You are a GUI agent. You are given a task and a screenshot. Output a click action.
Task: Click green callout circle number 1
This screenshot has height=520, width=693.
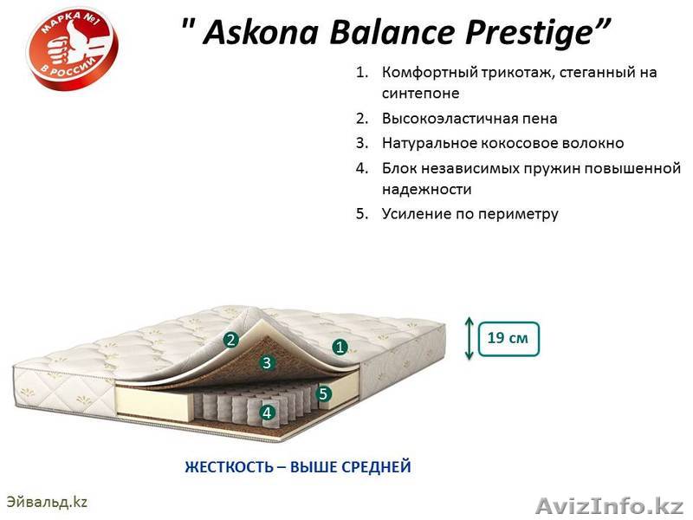(340, 347)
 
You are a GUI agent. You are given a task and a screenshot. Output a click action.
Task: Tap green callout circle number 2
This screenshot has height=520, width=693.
(230, 340)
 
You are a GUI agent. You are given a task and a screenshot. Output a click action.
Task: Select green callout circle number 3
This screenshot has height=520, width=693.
(267, 363)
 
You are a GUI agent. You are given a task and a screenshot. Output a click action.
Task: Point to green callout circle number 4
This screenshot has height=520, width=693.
(267, 413)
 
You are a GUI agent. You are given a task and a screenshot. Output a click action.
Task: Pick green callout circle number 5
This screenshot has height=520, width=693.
(323, 393)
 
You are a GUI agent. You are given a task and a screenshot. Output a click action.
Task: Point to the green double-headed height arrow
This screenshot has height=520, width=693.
(470, 338)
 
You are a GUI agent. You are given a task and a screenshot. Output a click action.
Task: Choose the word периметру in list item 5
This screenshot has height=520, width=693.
(515, 213)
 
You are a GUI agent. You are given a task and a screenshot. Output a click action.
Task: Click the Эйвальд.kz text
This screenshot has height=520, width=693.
(48, 501)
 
